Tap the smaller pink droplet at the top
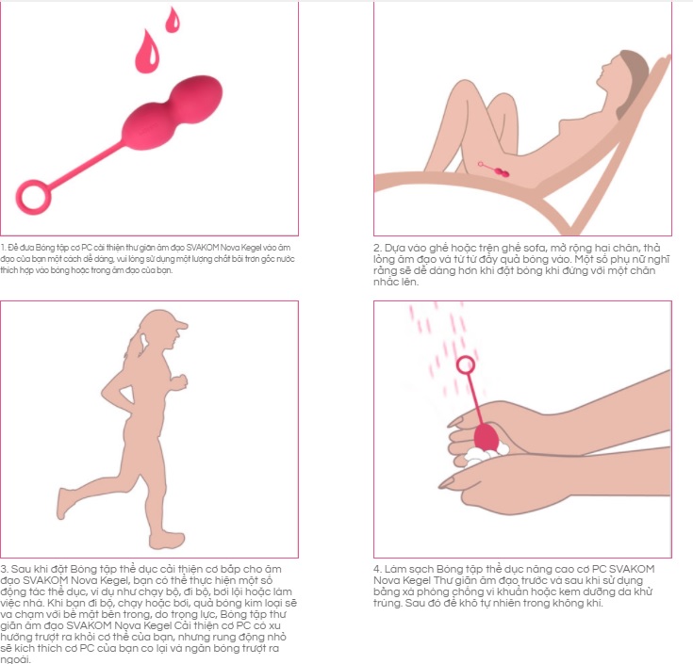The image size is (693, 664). [173, 19]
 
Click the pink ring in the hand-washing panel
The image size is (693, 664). [464, 364]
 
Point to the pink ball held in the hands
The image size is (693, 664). [487, 436]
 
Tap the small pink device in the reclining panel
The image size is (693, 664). [499, 170]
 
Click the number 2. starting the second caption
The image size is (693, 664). [378, 249]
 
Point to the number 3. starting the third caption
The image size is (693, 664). [5, 570]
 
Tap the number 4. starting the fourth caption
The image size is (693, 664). [378, 570]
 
